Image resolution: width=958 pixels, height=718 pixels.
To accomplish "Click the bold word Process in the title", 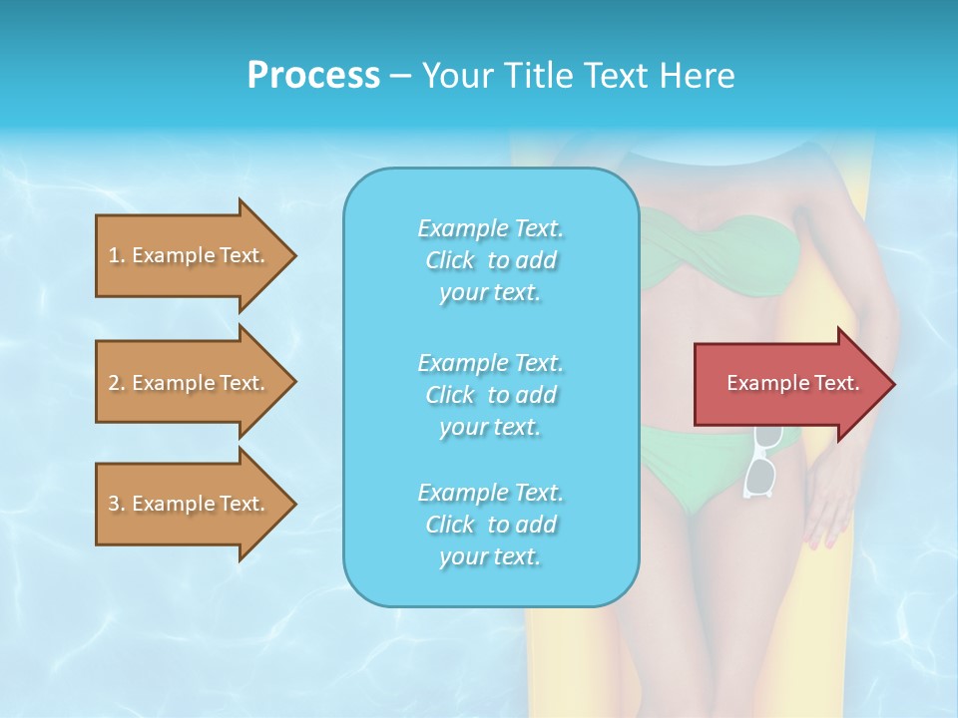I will coord(313,76).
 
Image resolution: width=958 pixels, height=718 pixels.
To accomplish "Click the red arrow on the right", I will coord(788,383).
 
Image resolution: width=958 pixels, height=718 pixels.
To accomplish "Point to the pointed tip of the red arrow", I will coord(892,383).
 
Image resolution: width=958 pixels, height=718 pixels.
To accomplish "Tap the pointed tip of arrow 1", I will coord(294,255).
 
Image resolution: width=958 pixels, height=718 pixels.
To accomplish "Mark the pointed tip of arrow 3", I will coord(294,504).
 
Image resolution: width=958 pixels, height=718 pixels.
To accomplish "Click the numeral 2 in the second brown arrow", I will coord(114,383).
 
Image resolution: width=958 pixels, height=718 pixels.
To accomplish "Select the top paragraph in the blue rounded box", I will coord(490,260).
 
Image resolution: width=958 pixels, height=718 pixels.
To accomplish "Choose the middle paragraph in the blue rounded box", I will coord(490,395).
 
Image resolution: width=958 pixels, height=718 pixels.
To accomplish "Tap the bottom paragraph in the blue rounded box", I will coord(490,525).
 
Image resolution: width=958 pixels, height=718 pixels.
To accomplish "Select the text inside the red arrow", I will coord(792,383).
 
